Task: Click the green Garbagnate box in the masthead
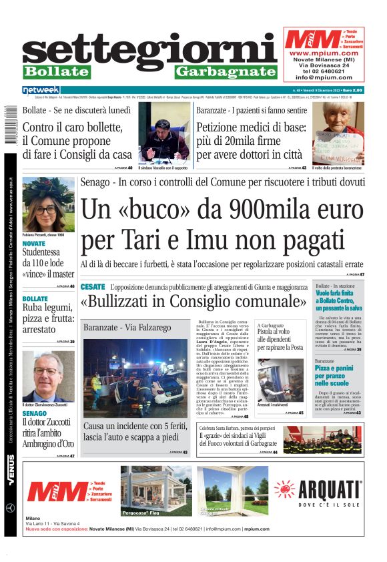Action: tap(226, 71)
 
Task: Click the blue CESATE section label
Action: tap(93, 287)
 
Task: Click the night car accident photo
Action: tap(135, 377)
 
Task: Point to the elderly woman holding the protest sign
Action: tap(338, 132)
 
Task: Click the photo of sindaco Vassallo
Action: tap(165, 132)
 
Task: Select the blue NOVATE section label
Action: tap(34, 244)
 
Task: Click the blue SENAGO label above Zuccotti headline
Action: tap(35, 414)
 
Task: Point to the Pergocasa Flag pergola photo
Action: tap(153, 492)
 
